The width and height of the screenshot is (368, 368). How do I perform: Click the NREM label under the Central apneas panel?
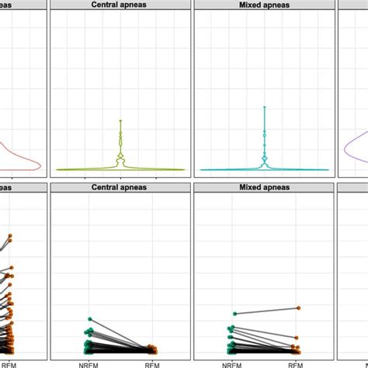point(90,363)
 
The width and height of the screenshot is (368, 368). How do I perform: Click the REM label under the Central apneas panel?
point(152,363)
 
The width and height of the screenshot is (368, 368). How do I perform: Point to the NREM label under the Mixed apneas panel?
point(233,363)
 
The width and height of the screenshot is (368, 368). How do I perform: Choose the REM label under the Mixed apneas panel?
point(296,363)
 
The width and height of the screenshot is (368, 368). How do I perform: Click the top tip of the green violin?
point(121,120)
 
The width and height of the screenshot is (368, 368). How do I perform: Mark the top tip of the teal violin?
point(265,106)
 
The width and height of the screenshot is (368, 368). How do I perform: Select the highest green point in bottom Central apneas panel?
point(90,319)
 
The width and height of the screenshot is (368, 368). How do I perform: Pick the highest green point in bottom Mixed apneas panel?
point(233,314)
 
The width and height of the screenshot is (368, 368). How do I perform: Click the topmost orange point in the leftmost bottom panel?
point(10,234)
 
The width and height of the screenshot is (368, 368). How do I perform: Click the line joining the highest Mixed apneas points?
point(264,311)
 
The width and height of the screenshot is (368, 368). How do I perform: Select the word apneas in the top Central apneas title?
point(134,4)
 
